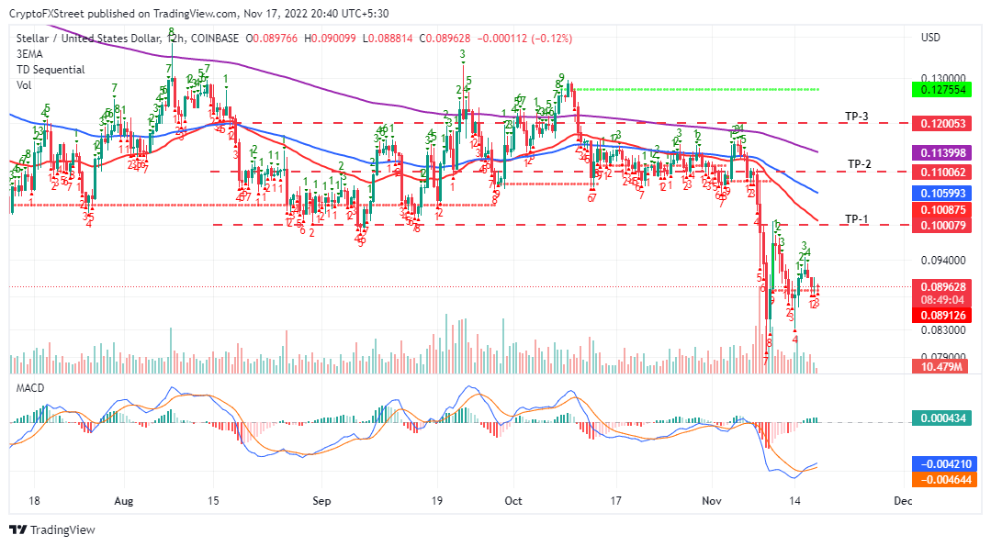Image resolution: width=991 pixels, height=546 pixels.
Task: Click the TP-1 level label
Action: point(856,218)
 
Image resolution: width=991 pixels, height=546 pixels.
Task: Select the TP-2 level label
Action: point(859,164)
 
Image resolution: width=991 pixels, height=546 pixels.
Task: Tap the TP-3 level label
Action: point(857,117)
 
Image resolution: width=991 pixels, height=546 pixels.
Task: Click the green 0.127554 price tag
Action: point(940,90)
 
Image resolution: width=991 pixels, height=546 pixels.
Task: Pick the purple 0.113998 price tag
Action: point(940,152)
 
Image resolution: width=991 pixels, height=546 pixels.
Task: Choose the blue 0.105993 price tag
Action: point(940,194)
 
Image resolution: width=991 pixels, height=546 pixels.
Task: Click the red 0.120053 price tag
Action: point(940,123)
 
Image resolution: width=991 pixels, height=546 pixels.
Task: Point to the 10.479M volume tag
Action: point(940,366)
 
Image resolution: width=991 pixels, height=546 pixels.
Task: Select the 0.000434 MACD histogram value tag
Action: point(940,418)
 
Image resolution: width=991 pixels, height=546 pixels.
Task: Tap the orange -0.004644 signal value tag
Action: point(940,479)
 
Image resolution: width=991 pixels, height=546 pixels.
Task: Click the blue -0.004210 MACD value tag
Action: point(940,463)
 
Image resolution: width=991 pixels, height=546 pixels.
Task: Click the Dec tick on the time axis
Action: point(902,501)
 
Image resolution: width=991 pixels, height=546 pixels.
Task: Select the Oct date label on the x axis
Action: point(513,501)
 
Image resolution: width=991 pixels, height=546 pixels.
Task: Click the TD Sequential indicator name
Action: point(51,70)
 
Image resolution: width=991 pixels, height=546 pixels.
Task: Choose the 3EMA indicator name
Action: point(29,54)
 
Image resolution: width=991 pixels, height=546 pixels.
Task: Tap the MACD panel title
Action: point(30,388)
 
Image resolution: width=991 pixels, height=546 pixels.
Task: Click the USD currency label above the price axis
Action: point(930,38)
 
